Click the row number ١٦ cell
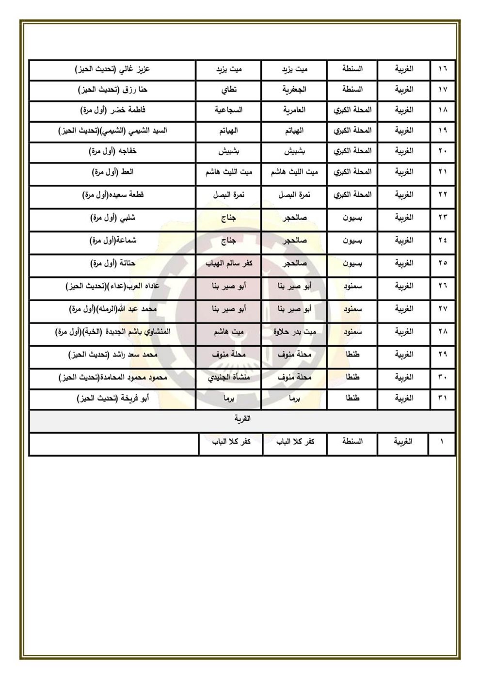(x=442, y=69)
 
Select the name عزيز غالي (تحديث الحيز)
(x=113, y=69)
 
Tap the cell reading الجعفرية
(x=294, y=90)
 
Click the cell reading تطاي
(x=229, y=90)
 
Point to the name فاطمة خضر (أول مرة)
(x=113, y=110)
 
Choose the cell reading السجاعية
(x=229, y=110)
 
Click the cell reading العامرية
(x=294, y=110)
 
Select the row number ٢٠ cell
(x=442, y=151)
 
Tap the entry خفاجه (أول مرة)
(x=113, y=151)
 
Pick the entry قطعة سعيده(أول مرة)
(x=113, y=195)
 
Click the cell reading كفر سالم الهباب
(x=229, y=263)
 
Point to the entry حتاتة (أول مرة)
(x=113, y=263)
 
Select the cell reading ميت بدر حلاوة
(x=294, y=332)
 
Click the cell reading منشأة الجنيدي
(x=229, y=377)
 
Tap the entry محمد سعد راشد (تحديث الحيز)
(x=113, y=355)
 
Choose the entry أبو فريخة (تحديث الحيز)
(x=113, y=399)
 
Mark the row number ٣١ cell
(x=442, y=399)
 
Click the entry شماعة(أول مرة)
(x=113, y=240)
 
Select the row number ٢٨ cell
(x=442, y=332)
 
